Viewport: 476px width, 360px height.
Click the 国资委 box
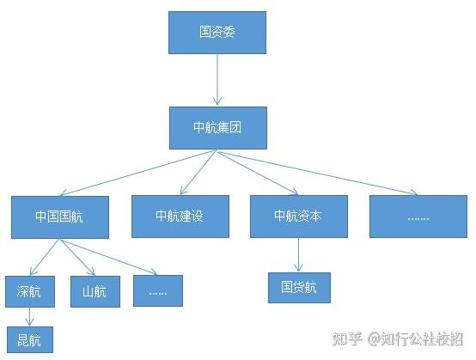(x=217, y=33)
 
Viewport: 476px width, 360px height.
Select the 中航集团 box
(x=218, y=128)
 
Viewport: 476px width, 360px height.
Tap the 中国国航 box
(x=60, y=217)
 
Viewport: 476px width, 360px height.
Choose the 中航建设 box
(x=180, y=217)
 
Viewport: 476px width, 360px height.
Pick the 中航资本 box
(x=299, y=217)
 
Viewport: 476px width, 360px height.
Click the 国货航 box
(x=299, y=288)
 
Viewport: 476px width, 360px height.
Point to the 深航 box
(x=30, y=291)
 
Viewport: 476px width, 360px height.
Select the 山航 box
(x=95, y=291)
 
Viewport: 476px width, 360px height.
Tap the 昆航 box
(x=30, y=339)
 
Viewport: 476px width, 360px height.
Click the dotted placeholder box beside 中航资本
(x=418, y=217)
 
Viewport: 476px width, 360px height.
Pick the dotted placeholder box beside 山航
(x=158, y=290)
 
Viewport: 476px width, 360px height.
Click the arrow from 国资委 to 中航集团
(x=217, y=80)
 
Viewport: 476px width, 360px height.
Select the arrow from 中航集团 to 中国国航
(x=138, y=173)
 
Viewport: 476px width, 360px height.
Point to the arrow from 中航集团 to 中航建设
(x=198, y=172)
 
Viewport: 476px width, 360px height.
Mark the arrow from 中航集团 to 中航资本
(x=258, y=173)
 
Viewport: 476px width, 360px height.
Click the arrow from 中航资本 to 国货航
(x=298, y=254)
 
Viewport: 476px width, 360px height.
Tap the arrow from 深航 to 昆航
(x=29, y=316)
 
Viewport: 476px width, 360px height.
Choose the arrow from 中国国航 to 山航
(x=77, y=258)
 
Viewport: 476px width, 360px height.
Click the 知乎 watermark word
(x=347, y=339)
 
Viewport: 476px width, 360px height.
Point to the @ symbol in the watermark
(x=374, y=339)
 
